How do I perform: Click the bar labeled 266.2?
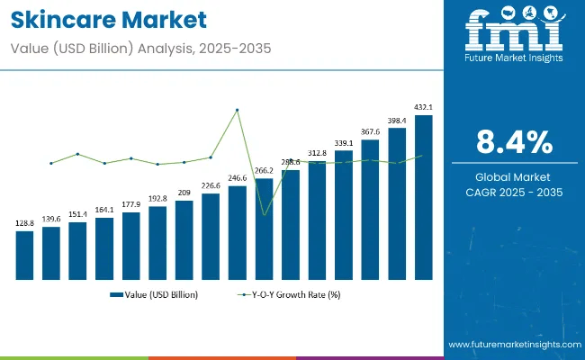[x=264, y=229]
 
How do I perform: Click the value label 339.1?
[x=344, y=142]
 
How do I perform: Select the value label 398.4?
[x=397, y=120]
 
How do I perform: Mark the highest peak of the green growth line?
[x=237, y=110]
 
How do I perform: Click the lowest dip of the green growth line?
[x=264, y=214]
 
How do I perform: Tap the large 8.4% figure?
[x=513, y=142]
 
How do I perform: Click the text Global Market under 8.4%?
[x=513, y=176]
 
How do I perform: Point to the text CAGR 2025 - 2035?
[x=513, y=192]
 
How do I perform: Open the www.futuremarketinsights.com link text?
[x=512, y=345]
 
